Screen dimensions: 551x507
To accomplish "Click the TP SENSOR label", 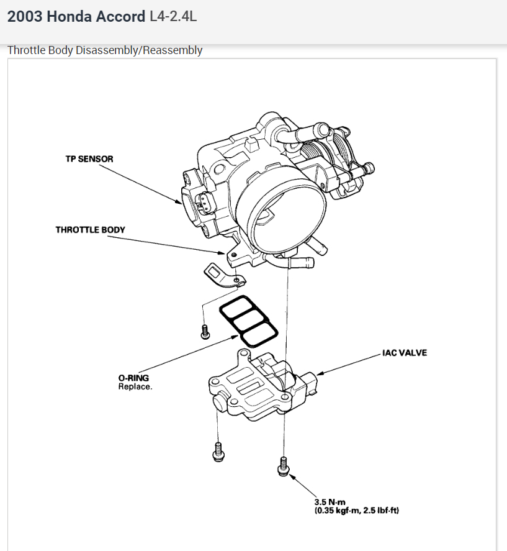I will (89, 159).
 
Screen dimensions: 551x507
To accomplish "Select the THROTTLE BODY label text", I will (90, 230).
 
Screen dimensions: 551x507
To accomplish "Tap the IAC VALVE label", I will (405, 353).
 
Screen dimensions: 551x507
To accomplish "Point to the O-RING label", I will (133, 378).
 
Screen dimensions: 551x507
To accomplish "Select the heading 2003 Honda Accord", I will (76, 16).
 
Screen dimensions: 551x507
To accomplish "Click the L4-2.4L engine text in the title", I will (174, 16).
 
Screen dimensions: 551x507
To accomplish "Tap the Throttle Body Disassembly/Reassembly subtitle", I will (105, 50).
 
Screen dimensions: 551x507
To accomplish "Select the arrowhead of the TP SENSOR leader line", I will (180, 203).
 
